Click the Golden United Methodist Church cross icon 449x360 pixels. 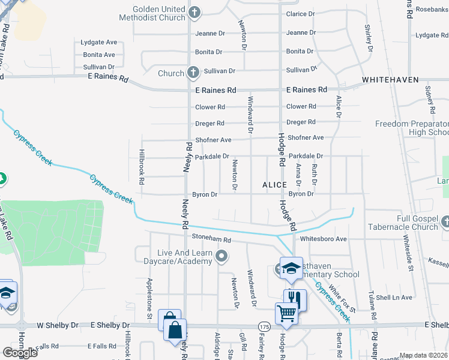[x=194, y=12]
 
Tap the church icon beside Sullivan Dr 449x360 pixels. [x=193, y=73]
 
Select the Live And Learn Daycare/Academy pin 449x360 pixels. [x=222, y=257]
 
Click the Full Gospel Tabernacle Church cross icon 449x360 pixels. [x=445, y=223]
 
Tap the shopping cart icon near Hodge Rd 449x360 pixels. [x=286, y=313]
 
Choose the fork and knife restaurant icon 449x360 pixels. [x=294, y=298]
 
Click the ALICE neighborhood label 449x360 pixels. [x=274, y=185]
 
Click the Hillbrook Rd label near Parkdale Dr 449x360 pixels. [x=142, y=167]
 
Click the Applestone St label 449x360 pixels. [x=149, y=298]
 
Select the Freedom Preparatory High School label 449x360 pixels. [x=412, y=128]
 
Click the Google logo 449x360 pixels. [x=20, y=352]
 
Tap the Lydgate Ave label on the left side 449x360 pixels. [x=99, y=43]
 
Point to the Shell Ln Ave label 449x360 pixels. [x=394, y=298]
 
